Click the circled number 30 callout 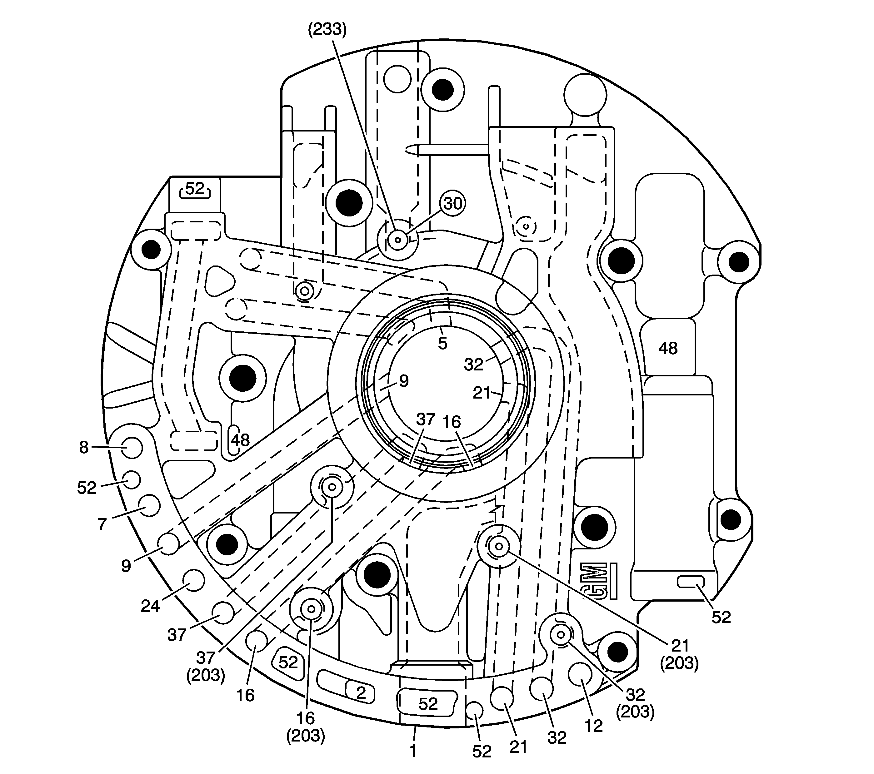452,203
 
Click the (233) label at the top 327,29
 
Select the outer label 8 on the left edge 84,448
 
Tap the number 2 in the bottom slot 361,693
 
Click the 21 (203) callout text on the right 679,654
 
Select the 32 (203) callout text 635,702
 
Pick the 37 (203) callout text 206,666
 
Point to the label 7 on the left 102,524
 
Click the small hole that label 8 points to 132,448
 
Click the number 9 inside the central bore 404,381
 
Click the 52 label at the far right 721,617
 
